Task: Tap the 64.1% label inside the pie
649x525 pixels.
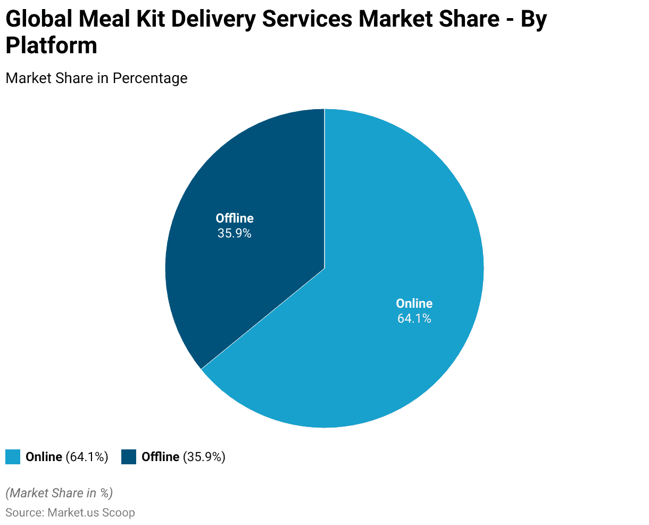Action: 414,319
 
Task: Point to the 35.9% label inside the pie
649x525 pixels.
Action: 234,233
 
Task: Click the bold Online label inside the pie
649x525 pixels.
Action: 414,303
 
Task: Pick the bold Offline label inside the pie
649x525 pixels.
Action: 235,218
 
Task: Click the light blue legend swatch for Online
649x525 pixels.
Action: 13,457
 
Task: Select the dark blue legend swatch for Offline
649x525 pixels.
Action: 129,457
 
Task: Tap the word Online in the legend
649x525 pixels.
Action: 44,457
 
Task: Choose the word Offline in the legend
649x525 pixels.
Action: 160,457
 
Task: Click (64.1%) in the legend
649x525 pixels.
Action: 87,457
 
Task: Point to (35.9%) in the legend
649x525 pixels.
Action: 204,457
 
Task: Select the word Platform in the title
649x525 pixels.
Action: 51,46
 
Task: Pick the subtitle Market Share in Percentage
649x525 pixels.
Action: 96,78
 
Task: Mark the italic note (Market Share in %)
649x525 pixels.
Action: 59,493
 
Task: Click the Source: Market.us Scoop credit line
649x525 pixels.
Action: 70,513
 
